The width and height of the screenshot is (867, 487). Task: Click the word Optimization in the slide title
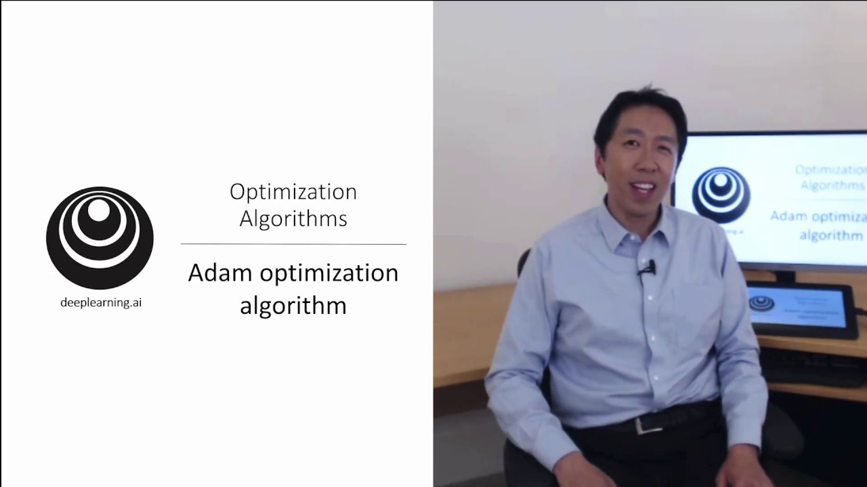[293, 193]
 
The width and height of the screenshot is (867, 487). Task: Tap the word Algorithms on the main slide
[293, 218]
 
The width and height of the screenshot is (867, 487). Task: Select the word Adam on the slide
[220, 273]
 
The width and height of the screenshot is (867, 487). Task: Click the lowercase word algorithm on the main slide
[293, 305]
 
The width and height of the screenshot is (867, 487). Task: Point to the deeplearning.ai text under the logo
[101, 302]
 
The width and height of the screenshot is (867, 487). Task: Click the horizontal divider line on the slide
[293, 244]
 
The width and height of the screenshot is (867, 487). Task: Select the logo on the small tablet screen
[762, 304]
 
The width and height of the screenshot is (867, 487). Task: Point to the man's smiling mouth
[643, 187]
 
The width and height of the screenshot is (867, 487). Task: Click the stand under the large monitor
[786, 276]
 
